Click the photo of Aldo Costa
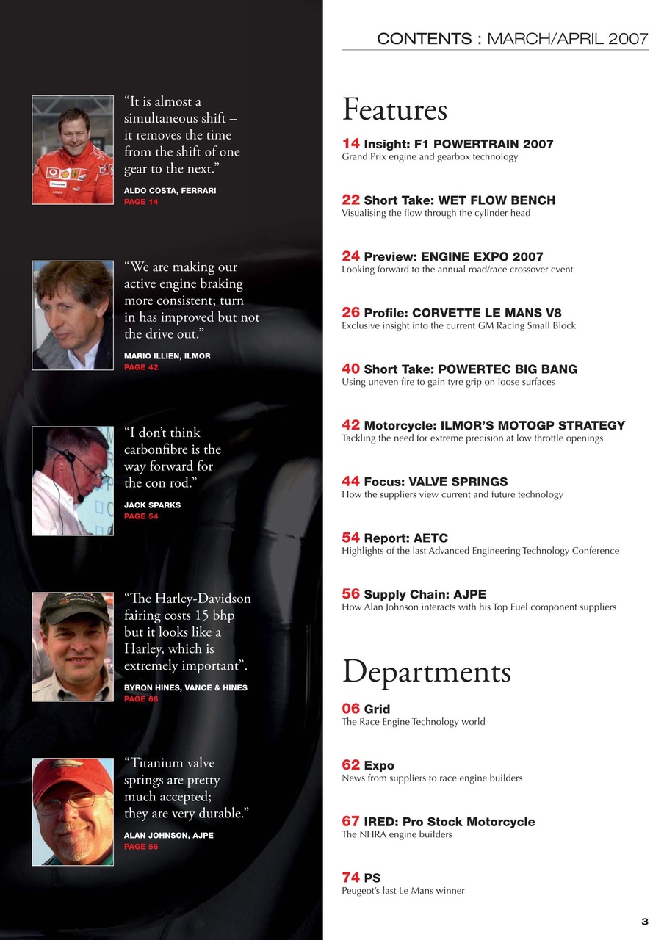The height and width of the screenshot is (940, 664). [73, 150]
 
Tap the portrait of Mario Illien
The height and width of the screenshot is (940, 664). [73, 315]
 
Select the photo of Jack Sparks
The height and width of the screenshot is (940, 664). [73, 480]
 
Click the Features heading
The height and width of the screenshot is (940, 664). [394, 110]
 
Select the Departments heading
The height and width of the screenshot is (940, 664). [426, 672]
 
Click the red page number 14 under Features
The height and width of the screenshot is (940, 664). [350, 143]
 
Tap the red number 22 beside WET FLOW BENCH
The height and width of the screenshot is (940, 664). [350, 200]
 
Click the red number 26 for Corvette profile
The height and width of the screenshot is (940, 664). [350, 313]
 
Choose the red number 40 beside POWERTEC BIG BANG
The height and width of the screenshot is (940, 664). [350, 369]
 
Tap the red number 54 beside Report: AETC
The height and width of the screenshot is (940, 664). [350, 538]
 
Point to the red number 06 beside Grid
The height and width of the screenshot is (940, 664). [350, 709]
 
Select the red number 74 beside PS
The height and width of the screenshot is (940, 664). [350, 878]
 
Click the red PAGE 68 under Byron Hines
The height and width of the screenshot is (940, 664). [141, 699]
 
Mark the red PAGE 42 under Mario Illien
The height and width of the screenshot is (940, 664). [141, 367]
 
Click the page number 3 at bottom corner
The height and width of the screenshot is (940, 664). [644, 922]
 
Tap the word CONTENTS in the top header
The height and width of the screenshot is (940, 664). [425, 39]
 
